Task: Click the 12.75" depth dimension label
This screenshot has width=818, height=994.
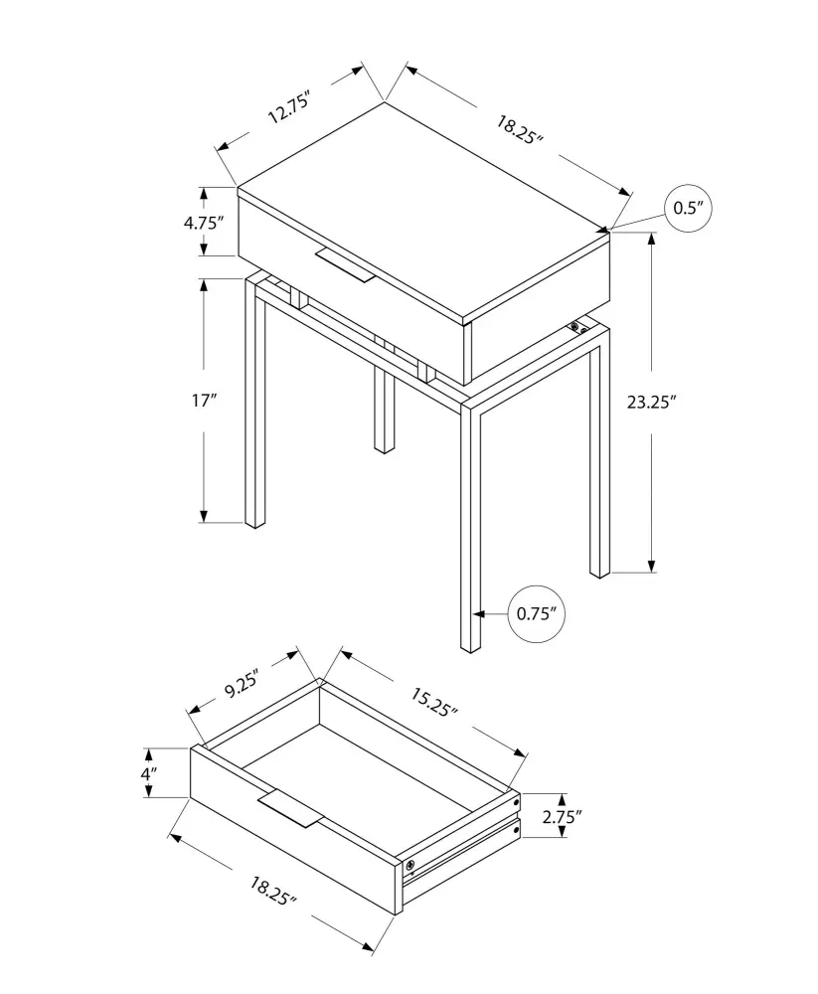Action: (x=289, y=107)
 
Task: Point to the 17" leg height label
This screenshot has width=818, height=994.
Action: (x=204, y=401)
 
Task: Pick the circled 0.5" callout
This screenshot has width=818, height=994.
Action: (x=688, y=208)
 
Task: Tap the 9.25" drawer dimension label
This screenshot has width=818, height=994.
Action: (x=242, y=687)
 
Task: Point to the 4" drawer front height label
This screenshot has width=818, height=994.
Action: (x=145, y=772)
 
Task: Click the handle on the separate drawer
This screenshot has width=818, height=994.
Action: (x=290, y=808)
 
